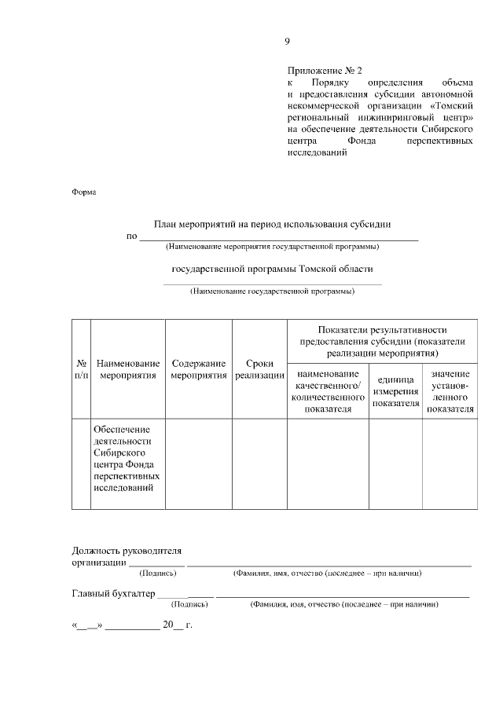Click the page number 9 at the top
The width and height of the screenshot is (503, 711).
coord(288,41)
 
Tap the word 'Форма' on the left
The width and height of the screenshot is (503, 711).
coord(84,192)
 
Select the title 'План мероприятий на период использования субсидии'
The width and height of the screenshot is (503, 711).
coord(272,224)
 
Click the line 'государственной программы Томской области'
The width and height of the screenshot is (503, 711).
coord(272,269)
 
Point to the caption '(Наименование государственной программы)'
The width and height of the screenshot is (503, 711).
coord(272,291)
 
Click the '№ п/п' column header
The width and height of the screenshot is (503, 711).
coord(81,370)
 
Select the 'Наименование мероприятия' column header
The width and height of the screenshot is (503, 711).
coord(128,370)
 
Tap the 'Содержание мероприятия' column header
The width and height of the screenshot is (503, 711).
coord(199,370)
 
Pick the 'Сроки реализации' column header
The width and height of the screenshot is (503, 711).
coord(259,370)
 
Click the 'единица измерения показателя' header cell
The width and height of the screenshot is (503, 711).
coord(395,391)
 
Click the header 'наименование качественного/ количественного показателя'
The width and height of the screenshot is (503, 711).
coord(329,391)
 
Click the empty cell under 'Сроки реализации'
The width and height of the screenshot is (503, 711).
coord(259,464)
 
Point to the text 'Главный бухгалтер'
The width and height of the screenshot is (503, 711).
coord(113,593)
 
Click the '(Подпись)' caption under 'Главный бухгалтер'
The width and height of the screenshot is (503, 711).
coord(189,605)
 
